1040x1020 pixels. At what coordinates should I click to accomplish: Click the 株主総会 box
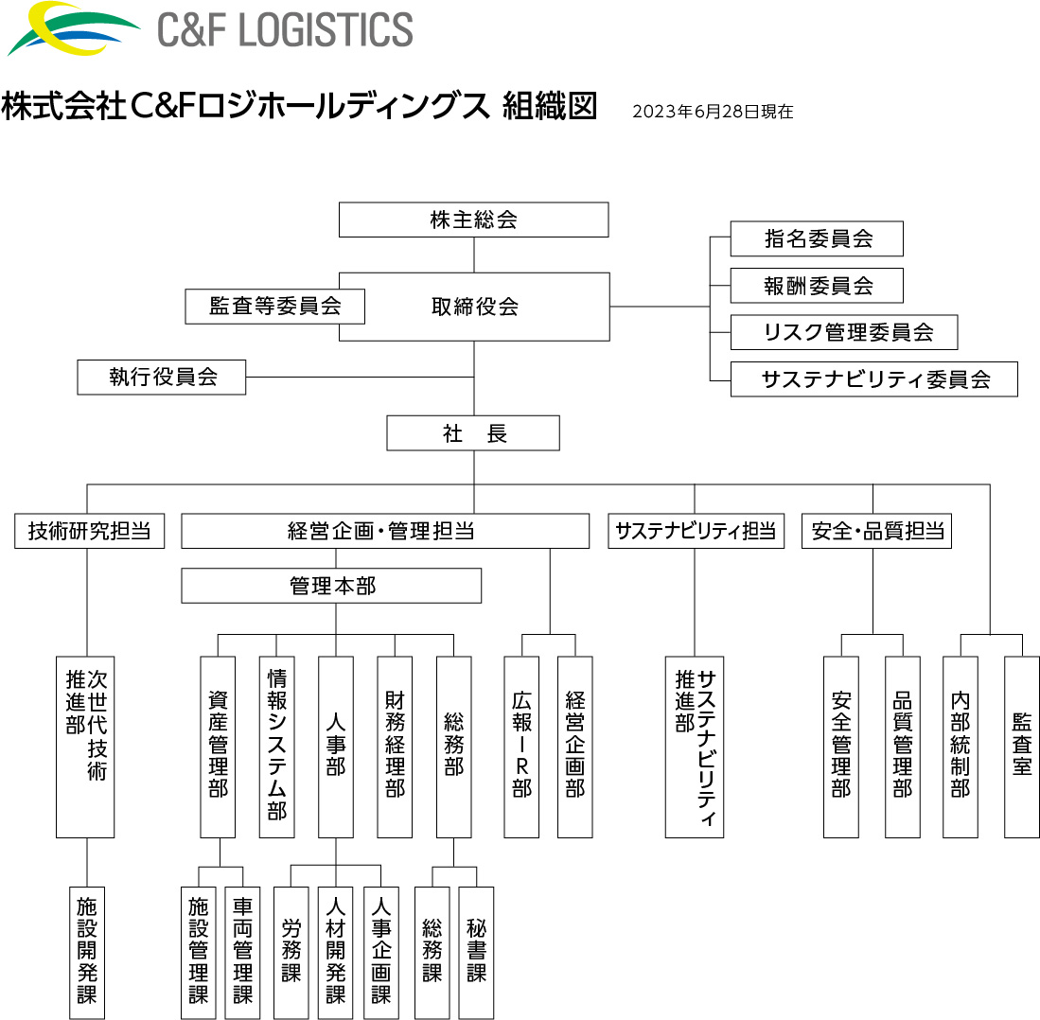point(473,220)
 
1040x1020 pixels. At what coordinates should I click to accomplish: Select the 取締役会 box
point(474,307)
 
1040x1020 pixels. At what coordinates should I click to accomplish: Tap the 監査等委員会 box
point(274,307)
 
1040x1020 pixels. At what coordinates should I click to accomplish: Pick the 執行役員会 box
point(162,378)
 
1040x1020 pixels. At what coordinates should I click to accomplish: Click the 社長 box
point(473,433)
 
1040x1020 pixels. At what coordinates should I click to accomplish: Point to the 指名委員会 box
point(817,239)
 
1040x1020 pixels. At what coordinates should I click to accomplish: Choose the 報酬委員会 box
point(817,286)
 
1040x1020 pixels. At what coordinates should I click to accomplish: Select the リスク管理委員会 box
point(844,333)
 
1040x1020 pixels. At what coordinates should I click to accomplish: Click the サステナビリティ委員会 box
point(873,379)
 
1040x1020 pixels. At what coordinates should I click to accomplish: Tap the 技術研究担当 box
point(89,531)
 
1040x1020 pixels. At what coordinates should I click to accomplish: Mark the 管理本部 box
point(331,586)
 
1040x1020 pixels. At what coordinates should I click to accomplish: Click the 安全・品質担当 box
point(876,531)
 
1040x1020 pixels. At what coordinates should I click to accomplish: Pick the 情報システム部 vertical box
point(277,747)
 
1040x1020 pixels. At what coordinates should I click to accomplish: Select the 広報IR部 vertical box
point(521,747)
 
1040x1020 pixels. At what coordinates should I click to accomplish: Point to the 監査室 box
point(1021,747)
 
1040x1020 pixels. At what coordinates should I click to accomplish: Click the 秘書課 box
point(476,952)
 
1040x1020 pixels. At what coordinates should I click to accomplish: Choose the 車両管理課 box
point(242,952)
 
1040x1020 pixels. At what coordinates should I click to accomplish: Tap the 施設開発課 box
point(87,952)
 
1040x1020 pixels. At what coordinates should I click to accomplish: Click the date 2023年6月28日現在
point(712,112)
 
